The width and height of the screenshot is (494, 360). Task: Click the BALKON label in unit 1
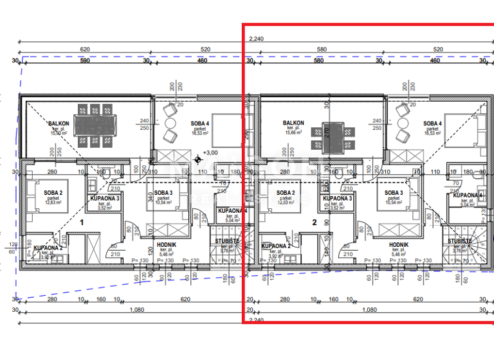pos(59,123)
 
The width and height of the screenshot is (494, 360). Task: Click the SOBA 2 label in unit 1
pos(53,193)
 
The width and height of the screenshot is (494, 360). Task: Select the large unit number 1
pos(82,222)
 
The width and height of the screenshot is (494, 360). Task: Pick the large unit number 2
pos(315,222)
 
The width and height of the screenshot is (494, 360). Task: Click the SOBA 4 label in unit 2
pos(432,123)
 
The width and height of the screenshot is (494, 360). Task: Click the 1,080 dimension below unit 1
pos(134,310)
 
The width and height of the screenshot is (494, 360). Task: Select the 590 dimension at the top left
pos(84,61)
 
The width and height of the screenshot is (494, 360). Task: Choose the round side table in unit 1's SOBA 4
pos(170,122)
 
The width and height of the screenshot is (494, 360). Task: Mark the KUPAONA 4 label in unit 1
pos(229,211)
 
